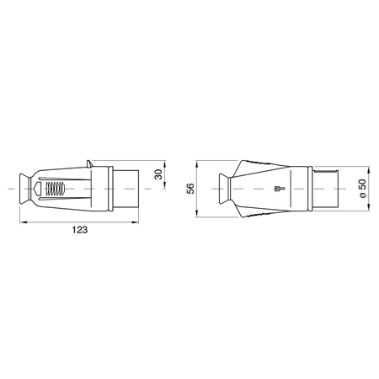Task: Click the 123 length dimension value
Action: click(x=80, y=230)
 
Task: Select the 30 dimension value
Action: click(x=159, y=174)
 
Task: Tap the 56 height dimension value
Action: click(x=190, y=189)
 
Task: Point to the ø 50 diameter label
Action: click(x=363, y=189)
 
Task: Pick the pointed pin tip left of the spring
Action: click(x=37, y=189)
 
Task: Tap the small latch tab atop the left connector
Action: click(x=89, y=164)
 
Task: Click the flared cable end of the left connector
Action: click(x=24, y=189)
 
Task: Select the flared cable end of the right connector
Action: click(x=224, y=189)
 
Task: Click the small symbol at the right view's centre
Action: click(x=279, y=189)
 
